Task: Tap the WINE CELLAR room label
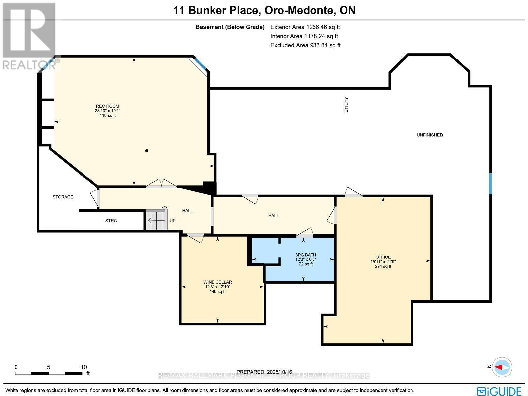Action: pyautogui.click(x=217, y=282)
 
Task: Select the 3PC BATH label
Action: pyautogui.click(x=306, y=255)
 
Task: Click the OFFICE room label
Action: pyautogui.click(x=383, y=257)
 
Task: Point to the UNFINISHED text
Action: pyautogui.click(x=429, y=135)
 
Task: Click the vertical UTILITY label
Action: pyautogui.click(x=346, y=105)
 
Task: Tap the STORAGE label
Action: pyautogui.click(x=63, y=197)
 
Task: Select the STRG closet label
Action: pyautogui.click(x=111, y=221)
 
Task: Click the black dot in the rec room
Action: pyautogui.click(x=147, y=151)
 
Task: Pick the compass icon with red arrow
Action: pyautogui.click(x=502, y=367)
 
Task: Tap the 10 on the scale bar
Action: pyautogui.click(x=84, y=367)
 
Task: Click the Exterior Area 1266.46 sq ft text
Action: pyautogui.click(x=305, y=27)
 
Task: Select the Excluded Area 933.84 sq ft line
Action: pyautogui.click(x=305, y=45)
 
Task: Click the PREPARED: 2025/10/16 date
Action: pyautogui.click(x=264, y=372)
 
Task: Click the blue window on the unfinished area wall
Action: pyautogui.click(x=490, y=183)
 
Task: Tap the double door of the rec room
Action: pyautogui.click(x=161, y=184)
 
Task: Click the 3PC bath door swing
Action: pyautogui.click(x=305, y=232)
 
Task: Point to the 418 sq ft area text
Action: pyautogui.click(x=108, y=116)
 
